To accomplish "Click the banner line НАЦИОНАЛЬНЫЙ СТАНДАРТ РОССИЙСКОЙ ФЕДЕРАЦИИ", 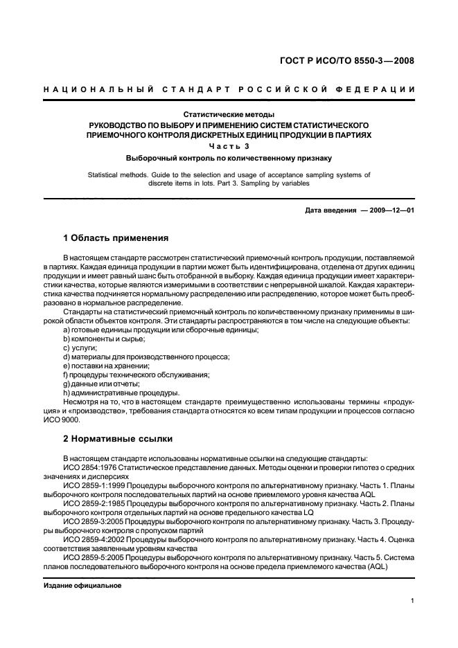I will pyautogui.click(x=229, y=89).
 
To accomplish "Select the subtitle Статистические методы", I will pyautogui.click(x=229, y=114).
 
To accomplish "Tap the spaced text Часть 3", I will pyautogui.click(x=229, y=146).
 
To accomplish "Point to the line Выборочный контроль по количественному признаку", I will pyautogui.click(x=229, y=158).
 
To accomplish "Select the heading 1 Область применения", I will pyautogui.click(x=116, y=238).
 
